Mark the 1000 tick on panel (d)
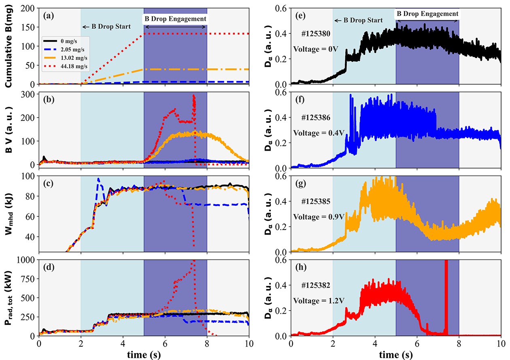pos(26,260)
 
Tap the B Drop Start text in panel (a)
pos(106,27)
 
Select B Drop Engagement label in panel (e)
pos(427,14)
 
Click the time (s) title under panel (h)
pos(395,355)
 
